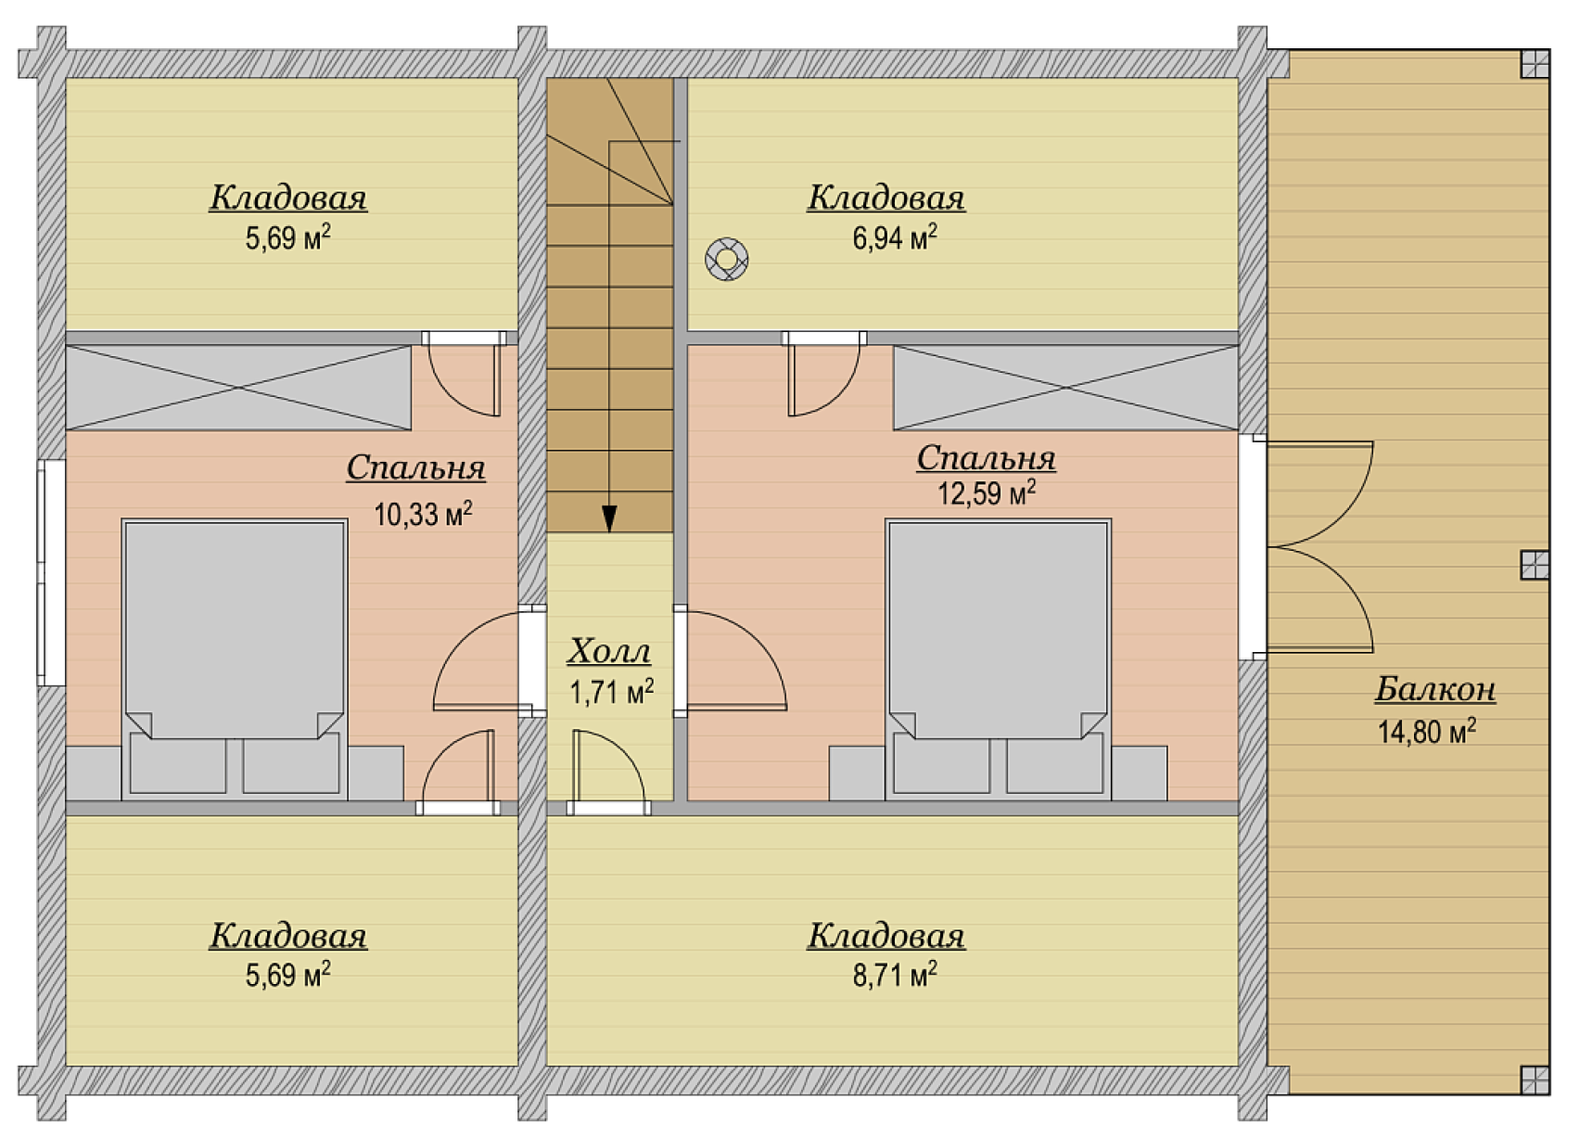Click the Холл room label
[x=608, y=651]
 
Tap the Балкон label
[x=1434, y=688]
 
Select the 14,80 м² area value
[x=1427, y=732]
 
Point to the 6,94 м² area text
[x=895, y=237]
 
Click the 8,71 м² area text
[x=895, y=976]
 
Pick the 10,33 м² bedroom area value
[x=423, y=514]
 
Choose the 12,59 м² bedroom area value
[x=987, y=492]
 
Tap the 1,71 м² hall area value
[x=612, y=693]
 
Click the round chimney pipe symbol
[x=727, y=259]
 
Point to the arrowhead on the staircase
[x=609, y=518]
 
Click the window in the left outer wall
[x=52, y=572]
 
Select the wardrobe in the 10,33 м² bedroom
[x=238, y=388]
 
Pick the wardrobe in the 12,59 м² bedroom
[x=1066, y=388]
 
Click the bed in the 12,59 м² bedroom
[x=998, y=659]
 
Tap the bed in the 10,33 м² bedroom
[x=235, y=659]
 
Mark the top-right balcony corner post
[x=1535, y=63]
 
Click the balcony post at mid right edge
[x=1535, y=565]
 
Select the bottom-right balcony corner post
[x=1535, y=1080]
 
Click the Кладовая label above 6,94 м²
[x=886, y=198]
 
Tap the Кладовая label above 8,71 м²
[x=886, y=936]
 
